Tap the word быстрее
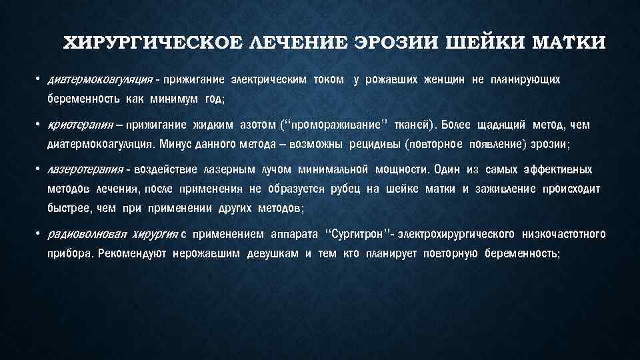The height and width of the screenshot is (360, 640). pyautogui.click(x=68, y=208)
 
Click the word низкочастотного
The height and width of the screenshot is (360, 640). pyautogui.click(x=565, y=234)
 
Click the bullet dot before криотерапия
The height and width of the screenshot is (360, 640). pyautogui.click(x=40, y=125)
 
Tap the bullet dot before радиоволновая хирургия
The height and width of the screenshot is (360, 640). pyautogui.click(x=40, y=234)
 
